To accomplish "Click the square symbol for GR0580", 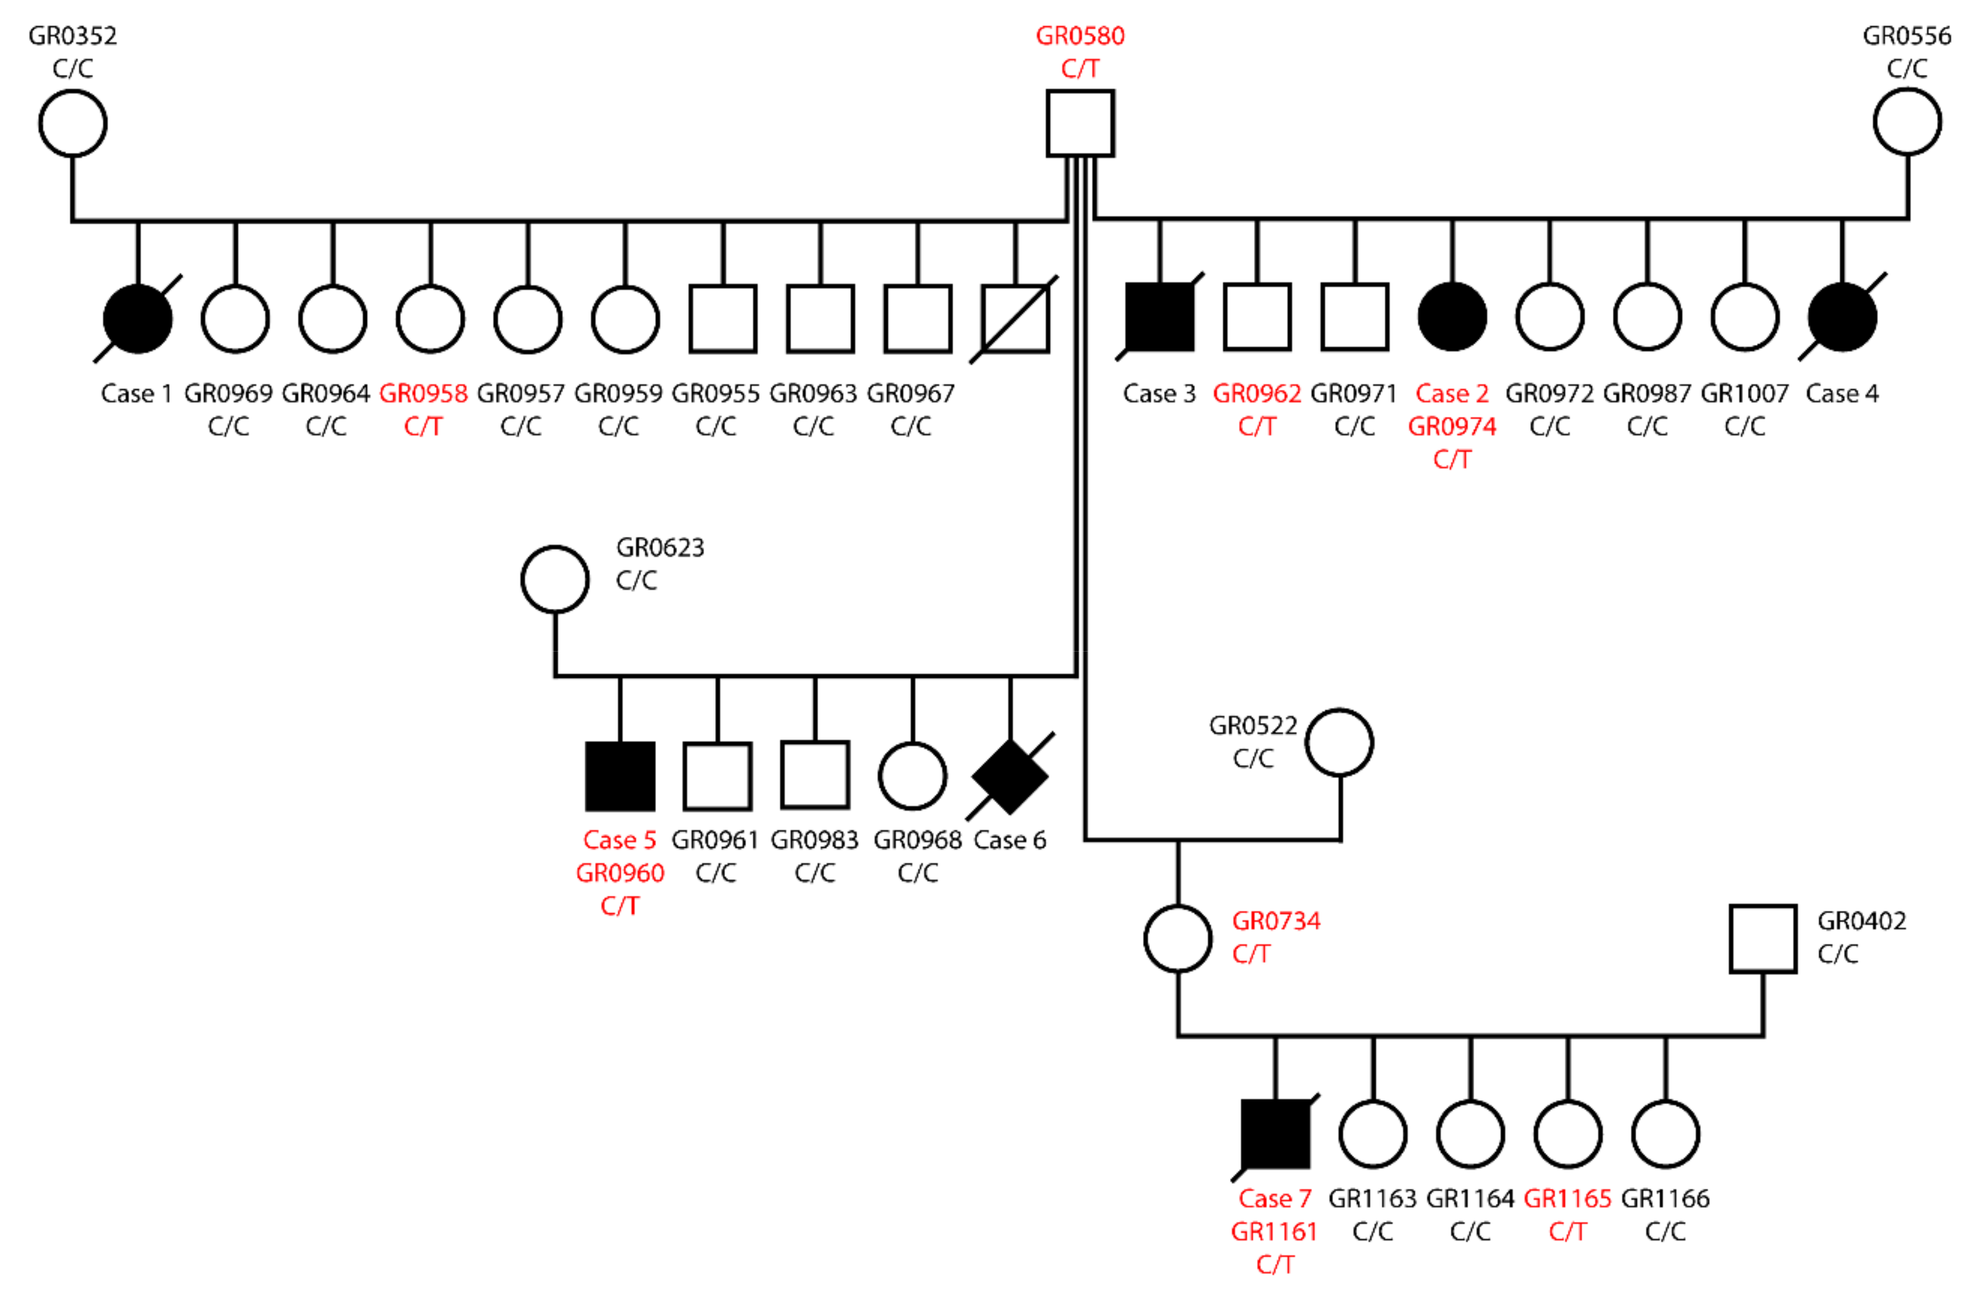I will click(1080, 123).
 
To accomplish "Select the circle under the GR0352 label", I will click(73, 123).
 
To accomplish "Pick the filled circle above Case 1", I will click(138, 318).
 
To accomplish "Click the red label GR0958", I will click(423, 393).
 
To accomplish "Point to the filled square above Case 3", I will click(1159, 317).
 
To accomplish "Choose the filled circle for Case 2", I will click(1452, 317).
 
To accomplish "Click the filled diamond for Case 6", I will click(1010, 776).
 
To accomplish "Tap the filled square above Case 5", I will click(620, 776).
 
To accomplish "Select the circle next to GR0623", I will click(555, 580).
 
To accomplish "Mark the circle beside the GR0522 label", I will click(1340, 742).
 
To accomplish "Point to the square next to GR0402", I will click(1763, 937).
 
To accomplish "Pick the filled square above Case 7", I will click(1275, 1134).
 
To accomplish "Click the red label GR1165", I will click(1567, 1198).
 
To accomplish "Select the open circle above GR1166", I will click(1665, 1134).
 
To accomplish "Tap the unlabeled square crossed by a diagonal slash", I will click(1015, 318).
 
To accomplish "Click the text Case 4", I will click(1842, 393).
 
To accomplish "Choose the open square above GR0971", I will click(1355, 317).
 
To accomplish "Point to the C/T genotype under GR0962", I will click(1256, 426).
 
